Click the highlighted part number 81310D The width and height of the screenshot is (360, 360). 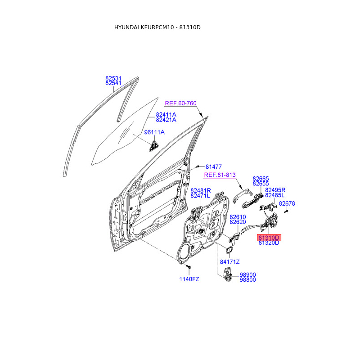(269, 238)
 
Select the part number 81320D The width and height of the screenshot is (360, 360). (269, 243)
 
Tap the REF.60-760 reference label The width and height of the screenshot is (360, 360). (180, 103)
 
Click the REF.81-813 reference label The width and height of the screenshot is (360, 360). (220, 175)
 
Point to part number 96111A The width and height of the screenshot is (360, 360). (154, 132)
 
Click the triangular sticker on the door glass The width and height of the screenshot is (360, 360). (154, 144)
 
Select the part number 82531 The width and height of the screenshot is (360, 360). (113, 78)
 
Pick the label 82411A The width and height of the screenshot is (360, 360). (166, 115)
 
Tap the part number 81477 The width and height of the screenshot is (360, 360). (214, 166)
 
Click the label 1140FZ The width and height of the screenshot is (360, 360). (189, 279)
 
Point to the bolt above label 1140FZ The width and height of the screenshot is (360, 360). (189, 268)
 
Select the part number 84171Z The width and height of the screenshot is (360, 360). (230, 262)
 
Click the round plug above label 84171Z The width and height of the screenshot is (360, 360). (229, 250)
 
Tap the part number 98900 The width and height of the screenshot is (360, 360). (247, 274)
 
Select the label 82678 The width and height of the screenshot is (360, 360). (287, 203)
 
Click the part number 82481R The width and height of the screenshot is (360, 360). (200, 190)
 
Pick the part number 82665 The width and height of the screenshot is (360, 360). (261, 178)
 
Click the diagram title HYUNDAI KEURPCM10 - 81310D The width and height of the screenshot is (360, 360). (157, 27)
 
